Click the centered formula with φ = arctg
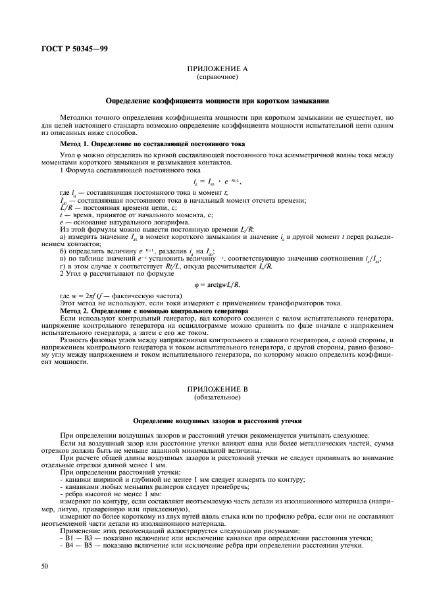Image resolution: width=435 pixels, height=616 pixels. pos(217,284)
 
